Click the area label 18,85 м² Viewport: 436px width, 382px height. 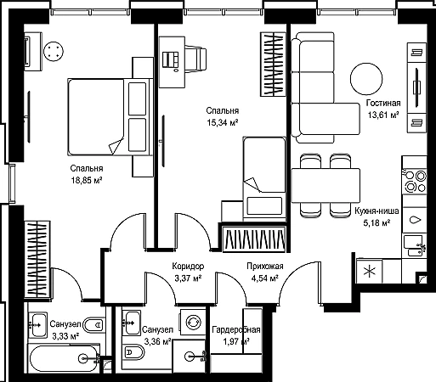(x=87, y=180)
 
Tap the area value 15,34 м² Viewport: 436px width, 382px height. (x=223, y=122)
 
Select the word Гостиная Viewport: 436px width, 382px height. (x=383, y=103)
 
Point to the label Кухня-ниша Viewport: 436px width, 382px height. (x=377, y=211)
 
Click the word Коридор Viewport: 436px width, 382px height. (x=188, y=267)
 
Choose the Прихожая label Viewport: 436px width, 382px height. (x=265, y=267)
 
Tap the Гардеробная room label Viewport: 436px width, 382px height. (x=236, y=330)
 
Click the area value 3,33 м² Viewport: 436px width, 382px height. (x=65, y=336)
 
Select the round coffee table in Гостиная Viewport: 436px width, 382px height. (x=366, y=79)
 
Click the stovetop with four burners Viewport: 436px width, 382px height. (x=415, y=181)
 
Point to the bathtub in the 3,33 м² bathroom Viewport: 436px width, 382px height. (x=63, y=358)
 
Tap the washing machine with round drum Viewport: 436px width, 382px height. (x=193, y=322)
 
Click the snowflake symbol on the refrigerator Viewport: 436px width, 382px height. (x=370, y=272)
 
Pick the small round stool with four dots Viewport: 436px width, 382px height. (x=54, y=52)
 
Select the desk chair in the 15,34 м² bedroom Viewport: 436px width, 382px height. (x=195, y=59)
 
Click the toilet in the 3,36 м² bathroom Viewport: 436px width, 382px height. (x=133, y=352)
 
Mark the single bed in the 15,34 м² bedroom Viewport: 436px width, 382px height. (x=264, y=178)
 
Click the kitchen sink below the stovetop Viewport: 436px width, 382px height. (x=415, y=245)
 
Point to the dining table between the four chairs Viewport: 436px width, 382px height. (x=326, y=186)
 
